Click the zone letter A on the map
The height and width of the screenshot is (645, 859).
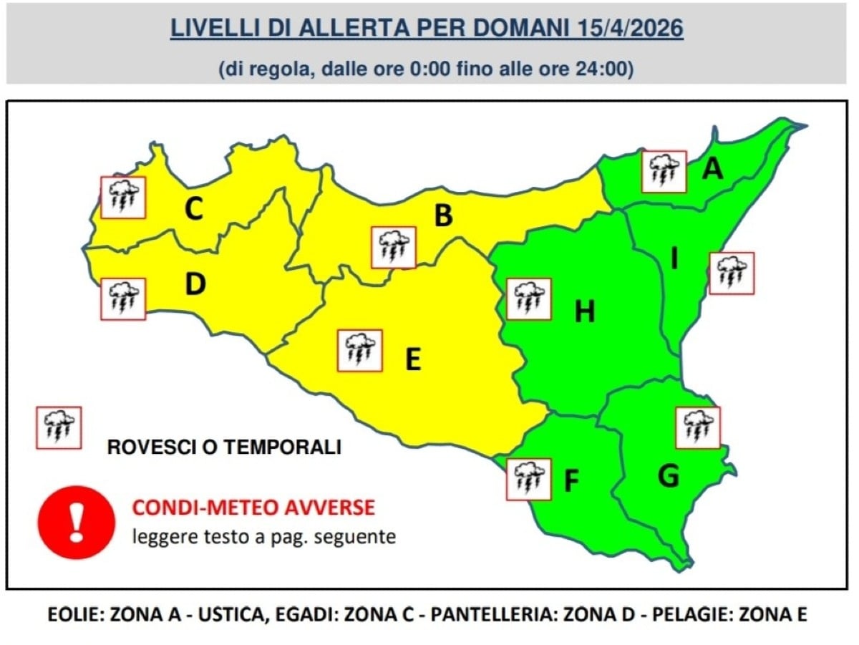[712, 169]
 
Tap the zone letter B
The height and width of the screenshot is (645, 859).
[444, 215]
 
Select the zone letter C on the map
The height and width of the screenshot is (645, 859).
[193, 210]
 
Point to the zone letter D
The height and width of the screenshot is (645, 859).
[195, 284]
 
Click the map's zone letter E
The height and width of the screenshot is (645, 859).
[412, 360]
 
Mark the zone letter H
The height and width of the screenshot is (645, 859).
[585, 312]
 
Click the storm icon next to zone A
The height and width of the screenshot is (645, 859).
[664, 172]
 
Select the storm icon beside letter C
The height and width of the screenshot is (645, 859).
[123, 198]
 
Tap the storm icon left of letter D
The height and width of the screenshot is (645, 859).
[123, 299]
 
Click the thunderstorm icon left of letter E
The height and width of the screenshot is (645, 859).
[359, 350]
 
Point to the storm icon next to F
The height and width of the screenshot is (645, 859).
[528, 479]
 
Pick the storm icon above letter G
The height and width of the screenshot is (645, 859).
[698, 427]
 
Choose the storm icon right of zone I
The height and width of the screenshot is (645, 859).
[732, 273]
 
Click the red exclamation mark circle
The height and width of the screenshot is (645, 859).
[76, 522]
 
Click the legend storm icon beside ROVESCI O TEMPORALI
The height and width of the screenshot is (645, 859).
[59, 427]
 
